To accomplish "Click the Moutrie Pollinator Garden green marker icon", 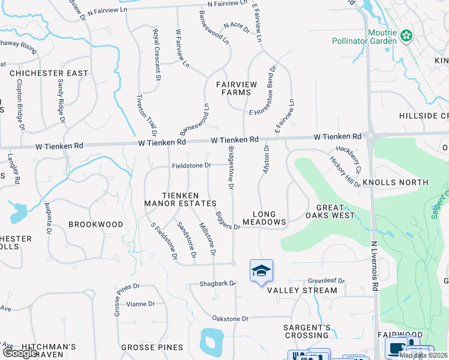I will pyautogui.click(x=406, y=36).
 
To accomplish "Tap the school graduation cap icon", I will pyautogui.click(x=261, y=271).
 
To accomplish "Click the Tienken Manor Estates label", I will pyautogui.click(x=180, y=199).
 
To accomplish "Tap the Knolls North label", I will pyautogui.click(x=394, y=182).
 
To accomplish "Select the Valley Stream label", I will pyautogui.click(x=302, y=290).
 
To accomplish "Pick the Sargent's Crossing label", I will pyautogui.click(x=307, y=332).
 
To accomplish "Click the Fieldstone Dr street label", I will pyautogui.click(x=192, y=165).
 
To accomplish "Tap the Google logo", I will pyautogui.click(x=20, y=353).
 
